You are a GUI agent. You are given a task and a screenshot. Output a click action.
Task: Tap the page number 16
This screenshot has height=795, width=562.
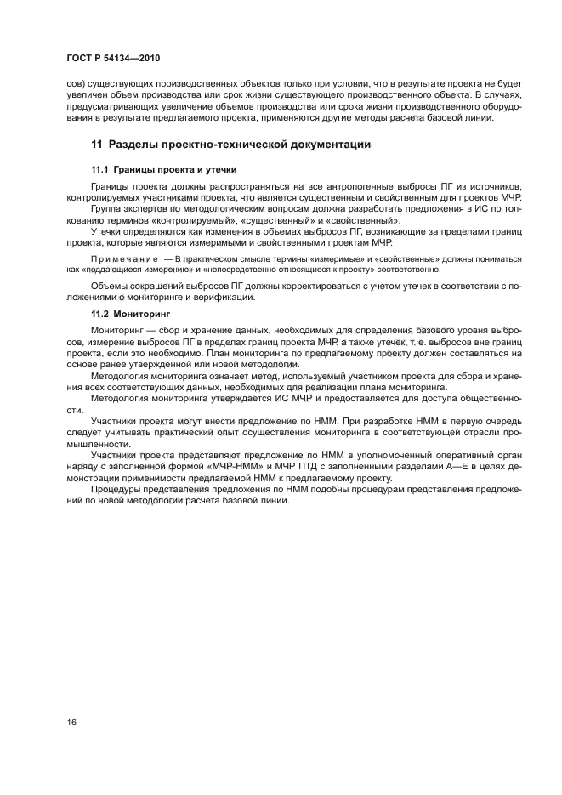72,723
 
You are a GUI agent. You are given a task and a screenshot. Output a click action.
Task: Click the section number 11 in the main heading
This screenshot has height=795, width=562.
97,145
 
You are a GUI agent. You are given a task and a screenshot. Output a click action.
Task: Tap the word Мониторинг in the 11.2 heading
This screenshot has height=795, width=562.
144,315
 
